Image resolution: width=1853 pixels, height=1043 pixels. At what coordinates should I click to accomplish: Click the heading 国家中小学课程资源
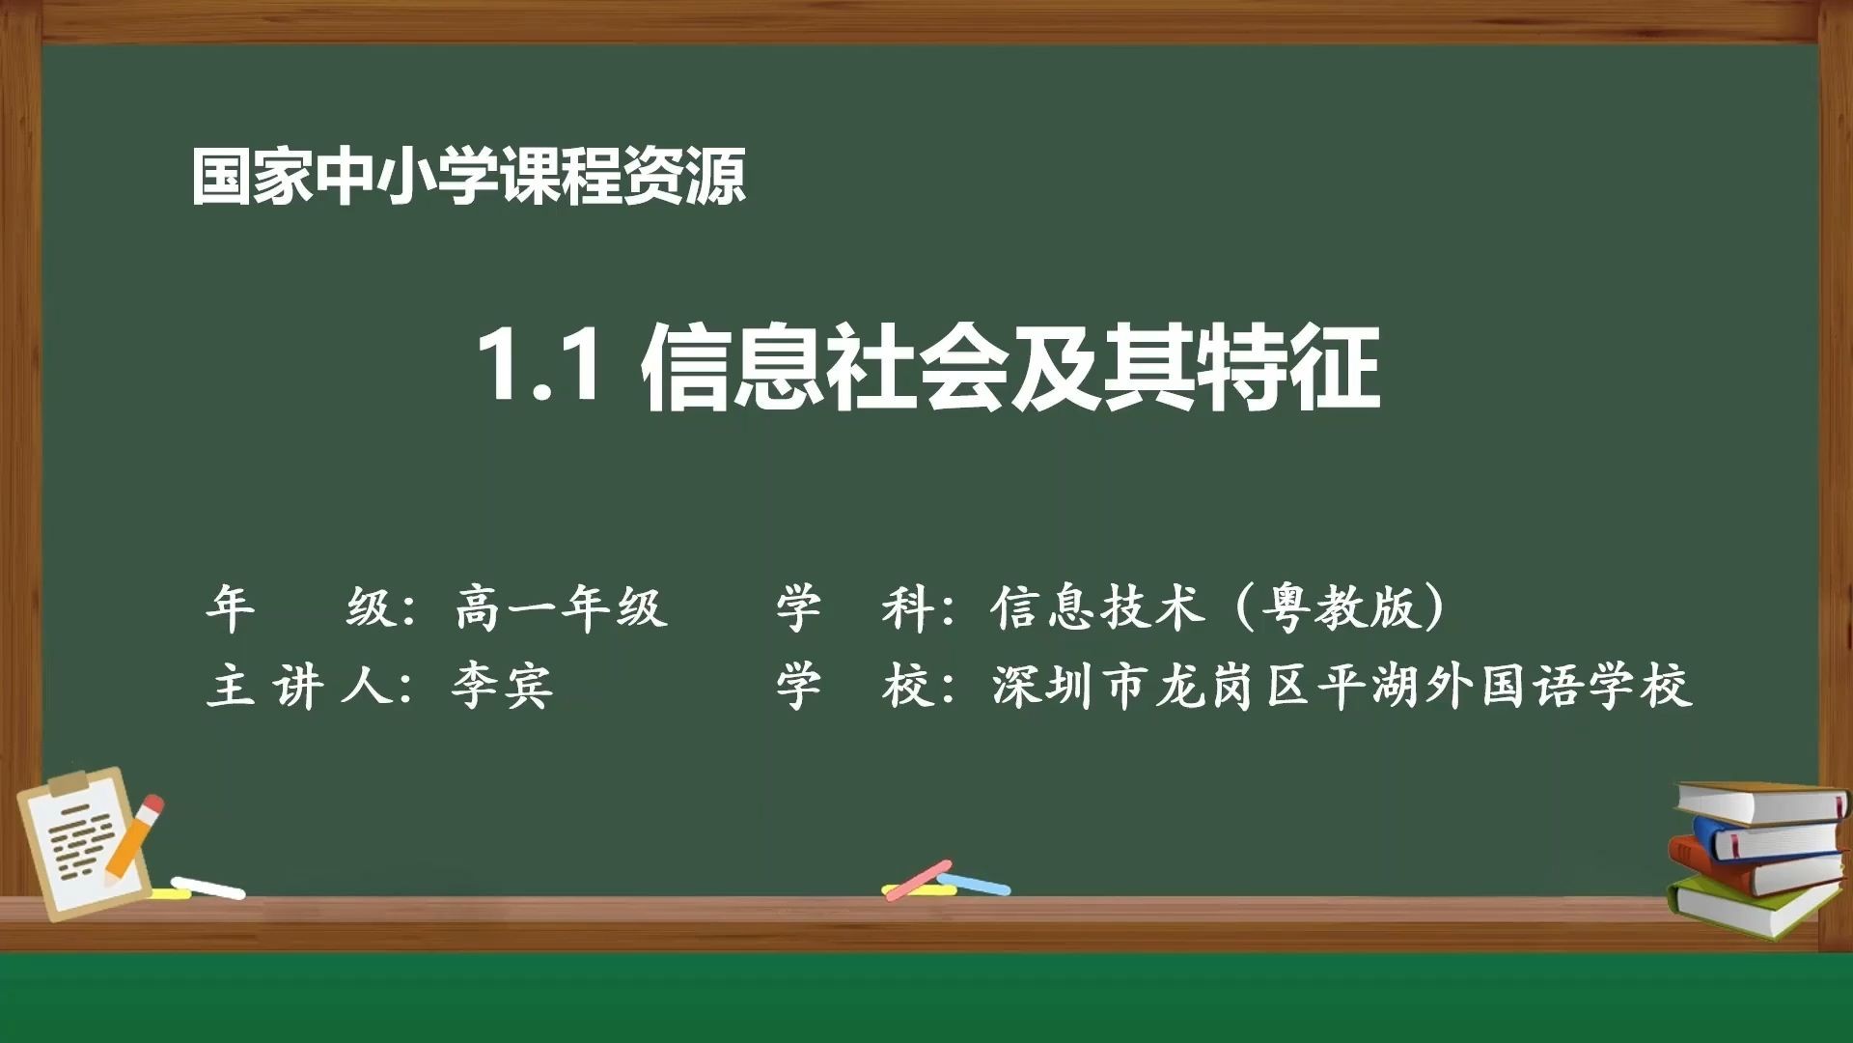point(469,177)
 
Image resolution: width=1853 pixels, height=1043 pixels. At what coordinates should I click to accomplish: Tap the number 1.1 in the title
point(540,366)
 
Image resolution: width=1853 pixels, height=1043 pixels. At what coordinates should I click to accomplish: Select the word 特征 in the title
point(1288,367)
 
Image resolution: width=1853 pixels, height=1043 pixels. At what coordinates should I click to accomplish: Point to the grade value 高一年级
point(561,608)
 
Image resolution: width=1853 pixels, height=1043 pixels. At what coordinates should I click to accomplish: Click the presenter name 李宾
point(502,687)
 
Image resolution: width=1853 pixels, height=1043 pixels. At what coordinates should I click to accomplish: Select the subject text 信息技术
point(1097,608)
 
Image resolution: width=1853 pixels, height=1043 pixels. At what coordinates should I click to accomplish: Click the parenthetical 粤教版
point(1341,608)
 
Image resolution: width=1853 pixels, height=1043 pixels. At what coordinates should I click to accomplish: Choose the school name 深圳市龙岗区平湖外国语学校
point(1341,687)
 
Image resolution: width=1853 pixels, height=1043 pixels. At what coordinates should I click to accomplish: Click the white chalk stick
point(207,887)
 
